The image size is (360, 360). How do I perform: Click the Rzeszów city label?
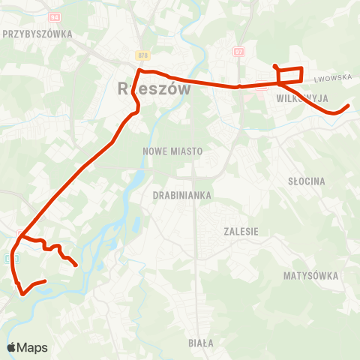coord(154,88)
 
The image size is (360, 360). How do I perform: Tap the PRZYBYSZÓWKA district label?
coord(37,34)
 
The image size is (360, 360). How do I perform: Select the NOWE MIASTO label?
coord(172,151)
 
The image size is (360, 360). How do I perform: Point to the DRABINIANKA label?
coord(182,195)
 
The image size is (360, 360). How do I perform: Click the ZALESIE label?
coord(241,232)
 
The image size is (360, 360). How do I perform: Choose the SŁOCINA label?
coord(306,181)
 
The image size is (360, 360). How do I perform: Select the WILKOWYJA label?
coord(302,98)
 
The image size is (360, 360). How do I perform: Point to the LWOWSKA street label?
coord(334,77)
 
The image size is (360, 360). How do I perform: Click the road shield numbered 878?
coord(142,55)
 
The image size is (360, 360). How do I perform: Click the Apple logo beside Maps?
coord(11,348)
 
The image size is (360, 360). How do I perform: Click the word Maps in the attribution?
coord(32,348)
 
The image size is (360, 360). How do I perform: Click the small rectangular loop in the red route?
coord(290,76)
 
